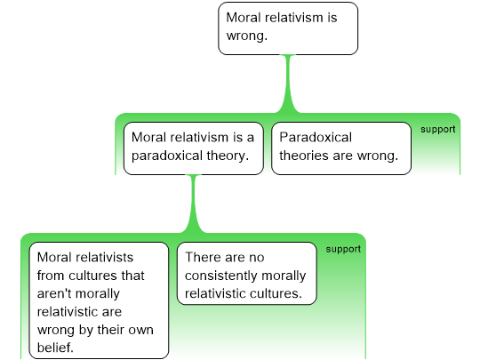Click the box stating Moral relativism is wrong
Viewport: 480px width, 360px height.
click(288, 28)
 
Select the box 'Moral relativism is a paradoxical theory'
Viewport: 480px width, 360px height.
click(194, 148)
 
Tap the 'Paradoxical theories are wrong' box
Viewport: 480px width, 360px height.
click(341, 148)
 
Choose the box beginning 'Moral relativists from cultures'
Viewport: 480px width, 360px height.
click(99, 300)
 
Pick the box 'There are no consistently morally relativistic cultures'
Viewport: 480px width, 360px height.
click(247, 274)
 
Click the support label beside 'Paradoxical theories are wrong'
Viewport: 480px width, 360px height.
click(437, 130)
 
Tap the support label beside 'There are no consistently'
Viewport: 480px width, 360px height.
click(343, 249)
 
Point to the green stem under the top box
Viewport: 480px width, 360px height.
click(288, 84)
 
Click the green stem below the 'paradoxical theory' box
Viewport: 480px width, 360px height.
click(193, 204)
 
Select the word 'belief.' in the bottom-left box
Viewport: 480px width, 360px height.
click(55, 348)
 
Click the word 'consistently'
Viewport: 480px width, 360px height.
click(221, 276)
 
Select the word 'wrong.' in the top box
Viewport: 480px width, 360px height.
click(247, 36)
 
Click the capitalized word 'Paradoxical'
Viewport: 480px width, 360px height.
click(316, 137)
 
